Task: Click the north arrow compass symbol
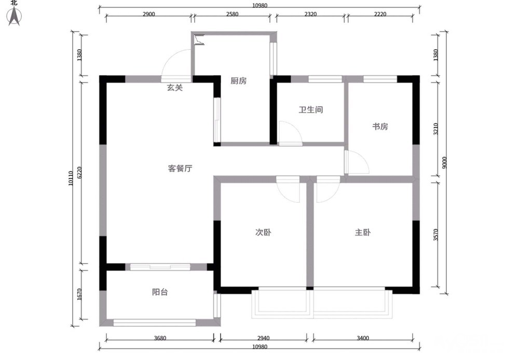pyautogui.click(x=14, y=17)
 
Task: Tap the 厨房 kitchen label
pyautogui.click(x=239, y=81)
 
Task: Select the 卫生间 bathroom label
pyautogui.click(x=311, y=109)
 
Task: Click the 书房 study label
pyautogui.click(x=380, y=127)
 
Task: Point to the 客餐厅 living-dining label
pyautogui.click(x=180, y=169)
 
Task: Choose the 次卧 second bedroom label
pyautogui.click(x=263, y=232)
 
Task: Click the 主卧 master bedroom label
pyautogui.click(x=363, y=232)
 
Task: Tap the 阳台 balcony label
pyautogui.click(x=160, y=292)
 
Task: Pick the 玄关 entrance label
pyautogui.click(x=175, y=88)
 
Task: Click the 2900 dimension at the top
pyautogui.click(x=148, y=14)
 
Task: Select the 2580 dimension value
pyautogui.click(x=232, y=14)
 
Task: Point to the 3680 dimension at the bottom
pyautogui.click(x=160, y=338)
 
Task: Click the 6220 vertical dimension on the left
pyautogui.click(x=79, y=172)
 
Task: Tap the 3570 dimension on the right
pyautogui.click(x=435, y=234)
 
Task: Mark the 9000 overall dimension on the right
pyautogui.click(x=444, y=162)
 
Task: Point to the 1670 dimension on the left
pyautogui.click(x=79, y=295)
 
